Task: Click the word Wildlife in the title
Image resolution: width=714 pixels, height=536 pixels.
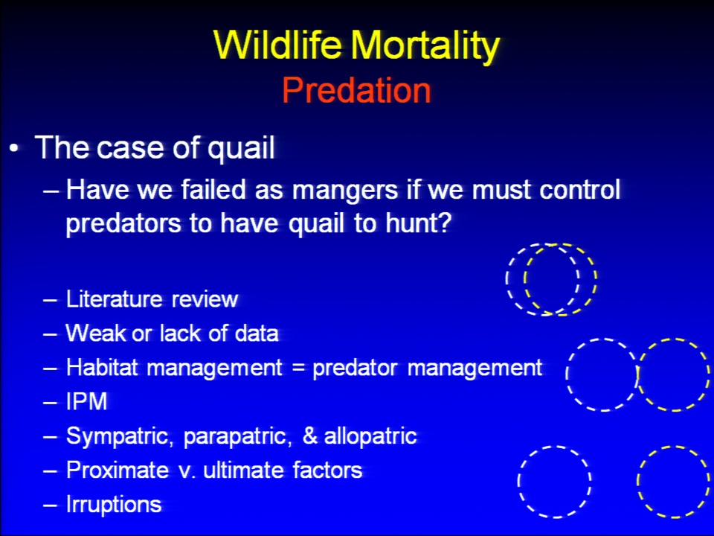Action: (x=277, y=45)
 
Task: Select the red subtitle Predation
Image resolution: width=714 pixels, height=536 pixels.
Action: (x=356, y=90)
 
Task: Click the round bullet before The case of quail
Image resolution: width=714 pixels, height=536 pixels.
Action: (x=15, y=149)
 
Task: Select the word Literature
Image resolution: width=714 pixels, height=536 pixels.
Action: (x=115, y=299)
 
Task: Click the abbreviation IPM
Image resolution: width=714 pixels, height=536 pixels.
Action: (x=86, y=401)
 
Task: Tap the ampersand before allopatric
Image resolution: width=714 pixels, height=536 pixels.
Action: (x=309, y=435)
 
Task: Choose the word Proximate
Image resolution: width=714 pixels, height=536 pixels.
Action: (x=117, y=470)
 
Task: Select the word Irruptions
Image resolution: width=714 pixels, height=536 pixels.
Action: (x=114, y=505)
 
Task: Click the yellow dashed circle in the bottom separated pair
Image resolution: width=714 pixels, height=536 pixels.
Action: (x=637, y=482)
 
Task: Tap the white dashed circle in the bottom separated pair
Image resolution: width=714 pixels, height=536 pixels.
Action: (x=518, y=482)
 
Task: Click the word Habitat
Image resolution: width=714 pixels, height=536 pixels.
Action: (x=102, y=367)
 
